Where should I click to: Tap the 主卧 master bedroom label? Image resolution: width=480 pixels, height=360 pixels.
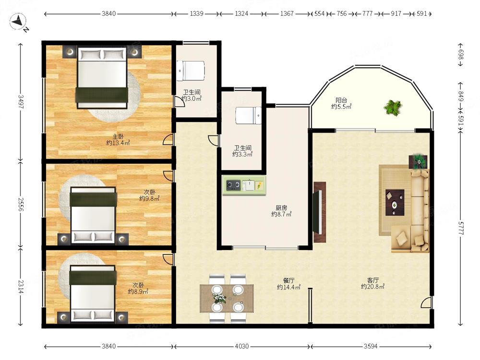coord(118,136)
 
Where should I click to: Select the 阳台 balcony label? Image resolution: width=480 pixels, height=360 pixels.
coord(341,100)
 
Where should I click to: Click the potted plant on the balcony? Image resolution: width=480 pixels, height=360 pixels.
coord(393,108)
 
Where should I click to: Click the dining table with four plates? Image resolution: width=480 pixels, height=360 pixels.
coord(227,299)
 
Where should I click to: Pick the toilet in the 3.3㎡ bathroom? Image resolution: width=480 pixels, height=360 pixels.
coord(249,115)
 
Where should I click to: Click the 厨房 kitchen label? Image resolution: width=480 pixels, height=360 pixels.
coord(281,208)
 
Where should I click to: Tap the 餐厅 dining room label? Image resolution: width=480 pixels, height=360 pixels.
coord(288,280)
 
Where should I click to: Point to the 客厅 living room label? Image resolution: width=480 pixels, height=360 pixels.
coord(373,280)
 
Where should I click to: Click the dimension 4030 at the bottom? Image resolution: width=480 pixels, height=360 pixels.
coord(242,346)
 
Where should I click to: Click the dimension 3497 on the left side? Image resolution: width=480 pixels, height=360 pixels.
coord(21,102)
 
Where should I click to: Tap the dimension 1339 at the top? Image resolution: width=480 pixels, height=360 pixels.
coord(196,13)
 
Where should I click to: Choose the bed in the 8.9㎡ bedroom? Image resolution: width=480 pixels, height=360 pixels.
coord(93,294)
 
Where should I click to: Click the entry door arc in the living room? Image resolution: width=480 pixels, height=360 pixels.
coord(425,301)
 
